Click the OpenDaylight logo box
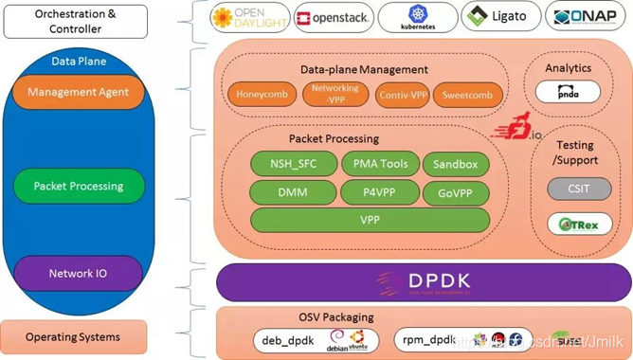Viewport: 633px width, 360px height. tap(248, 17)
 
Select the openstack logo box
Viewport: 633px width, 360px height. tap(332, 18)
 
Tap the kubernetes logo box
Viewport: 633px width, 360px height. tap(417, 17)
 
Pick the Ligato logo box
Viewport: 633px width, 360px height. tap(501, 17)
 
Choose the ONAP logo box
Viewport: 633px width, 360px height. tap(586, 17)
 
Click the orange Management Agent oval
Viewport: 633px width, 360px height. tap(78, 92)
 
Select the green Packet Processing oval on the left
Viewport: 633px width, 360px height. tap(79, 186)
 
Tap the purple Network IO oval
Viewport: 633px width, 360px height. tap(78, 274)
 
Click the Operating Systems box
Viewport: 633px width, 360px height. tap(73, 336)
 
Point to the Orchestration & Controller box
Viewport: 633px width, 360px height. tap(76, 21)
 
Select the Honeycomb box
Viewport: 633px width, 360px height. tap(262, 95)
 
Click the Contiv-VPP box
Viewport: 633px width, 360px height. tap(403, 95)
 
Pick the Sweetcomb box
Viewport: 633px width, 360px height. tap(467, 95)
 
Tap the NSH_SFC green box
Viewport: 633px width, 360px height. tap(293, 164)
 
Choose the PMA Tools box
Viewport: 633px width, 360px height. tap(380, 164)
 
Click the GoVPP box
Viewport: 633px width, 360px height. tap(456, 192)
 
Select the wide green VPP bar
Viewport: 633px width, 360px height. tap(370, 220)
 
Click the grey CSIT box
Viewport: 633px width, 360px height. tap(579, 188)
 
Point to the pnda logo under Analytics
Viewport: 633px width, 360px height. tap(568, 92)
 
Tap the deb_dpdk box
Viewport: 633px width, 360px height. tap(287, 339)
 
